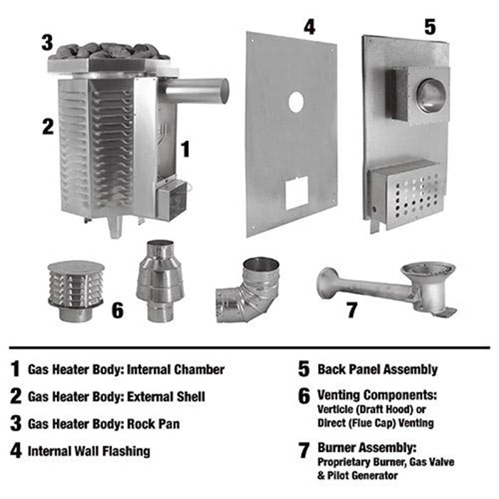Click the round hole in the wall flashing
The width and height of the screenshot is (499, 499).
pos(295,103)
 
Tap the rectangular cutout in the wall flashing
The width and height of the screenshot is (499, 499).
pos(296,192)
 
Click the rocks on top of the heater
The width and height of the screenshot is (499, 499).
pos(110,51)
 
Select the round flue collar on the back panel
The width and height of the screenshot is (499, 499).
pos(430,96)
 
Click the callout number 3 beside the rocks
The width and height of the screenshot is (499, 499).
pos(47,41)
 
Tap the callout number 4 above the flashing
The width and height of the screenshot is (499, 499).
pos(309,27)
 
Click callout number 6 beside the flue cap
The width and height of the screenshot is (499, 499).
pos(118,311)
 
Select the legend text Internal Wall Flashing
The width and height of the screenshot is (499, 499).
pos(89,451)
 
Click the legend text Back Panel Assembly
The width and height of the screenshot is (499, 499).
pos(378,369)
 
